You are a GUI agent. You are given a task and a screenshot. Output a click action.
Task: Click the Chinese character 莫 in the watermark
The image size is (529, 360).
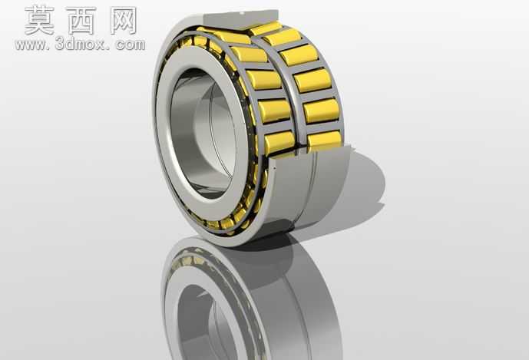tap(39, 20)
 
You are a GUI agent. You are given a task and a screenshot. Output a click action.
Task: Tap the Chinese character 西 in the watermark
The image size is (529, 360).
tap(81, 20)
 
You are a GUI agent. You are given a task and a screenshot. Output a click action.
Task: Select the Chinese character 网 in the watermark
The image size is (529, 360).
tap(124, 20)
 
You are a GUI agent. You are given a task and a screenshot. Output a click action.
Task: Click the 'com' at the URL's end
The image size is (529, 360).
tap(131, 45)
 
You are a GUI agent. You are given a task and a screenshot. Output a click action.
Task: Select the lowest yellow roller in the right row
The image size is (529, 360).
tap(324, 138)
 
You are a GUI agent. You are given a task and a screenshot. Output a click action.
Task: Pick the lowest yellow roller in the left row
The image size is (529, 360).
tap(279, 142)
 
